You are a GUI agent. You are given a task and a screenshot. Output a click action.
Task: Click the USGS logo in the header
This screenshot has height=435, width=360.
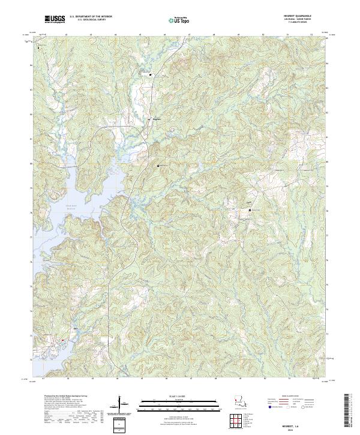coord(55,20)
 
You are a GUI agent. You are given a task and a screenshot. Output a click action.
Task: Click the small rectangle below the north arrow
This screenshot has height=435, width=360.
coord(122,425)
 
